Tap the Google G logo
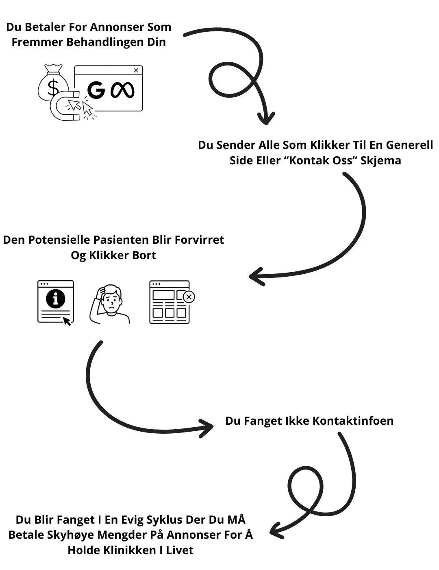pos(96,90)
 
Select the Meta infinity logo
pos(122,90)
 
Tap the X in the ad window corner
pos(136,70)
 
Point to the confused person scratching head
pos(110,304)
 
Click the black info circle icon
pos(55,299)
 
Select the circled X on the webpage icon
pos(188,297)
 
